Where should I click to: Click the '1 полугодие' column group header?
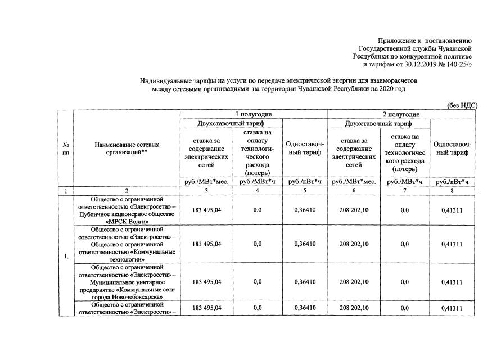(254, 114)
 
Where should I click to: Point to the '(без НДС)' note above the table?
(462, 105)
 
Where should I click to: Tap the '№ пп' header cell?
(66, 148)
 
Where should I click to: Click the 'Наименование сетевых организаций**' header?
(127, 148)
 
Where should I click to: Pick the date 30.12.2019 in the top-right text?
(417, 65)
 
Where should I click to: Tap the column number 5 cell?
(304, 191)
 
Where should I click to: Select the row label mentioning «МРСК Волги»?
(127, 210)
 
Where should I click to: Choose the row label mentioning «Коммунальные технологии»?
(127, 244)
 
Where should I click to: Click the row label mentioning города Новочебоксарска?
(127, 282)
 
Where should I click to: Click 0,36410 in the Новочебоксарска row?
(304, 282)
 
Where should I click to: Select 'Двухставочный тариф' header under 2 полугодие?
(378, 124)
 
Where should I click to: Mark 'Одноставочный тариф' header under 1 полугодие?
(304, 148)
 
